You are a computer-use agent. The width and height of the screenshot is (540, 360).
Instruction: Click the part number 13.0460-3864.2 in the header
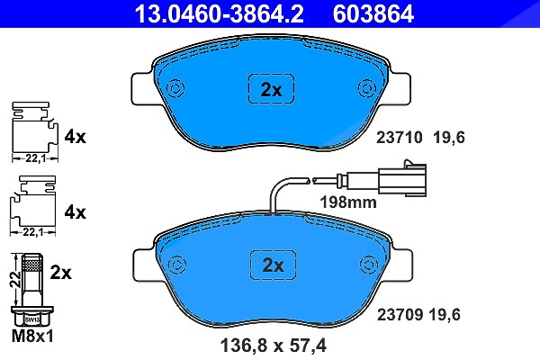tap(219, 13)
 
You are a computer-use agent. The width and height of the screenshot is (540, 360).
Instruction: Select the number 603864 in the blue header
tap(373, 13)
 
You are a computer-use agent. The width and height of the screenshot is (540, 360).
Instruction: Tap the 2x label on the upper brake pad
tap(272, 90)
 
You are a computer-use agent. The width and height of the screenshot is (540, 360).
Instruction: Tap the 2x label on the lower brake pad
tap(273, 265)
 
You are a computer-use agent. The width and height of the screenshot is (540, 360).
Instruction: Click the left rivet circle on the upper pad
tap(175, 88)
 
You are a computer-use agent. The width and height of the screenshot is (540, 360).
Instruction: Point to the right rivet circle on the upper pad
tap(367, 88)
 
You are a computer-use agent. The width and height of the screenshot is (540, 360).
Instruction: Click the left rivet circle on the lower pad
tap(177, 265)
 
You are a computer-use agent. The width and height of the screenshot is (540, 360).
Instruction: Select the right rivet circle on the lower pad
tap(369, 265)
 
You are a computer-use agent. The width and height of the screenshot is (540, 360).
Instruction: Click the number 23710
tap(399, 138)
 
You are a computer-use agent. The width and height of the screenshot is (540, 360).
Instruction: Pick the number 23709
tap(400, 314)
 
